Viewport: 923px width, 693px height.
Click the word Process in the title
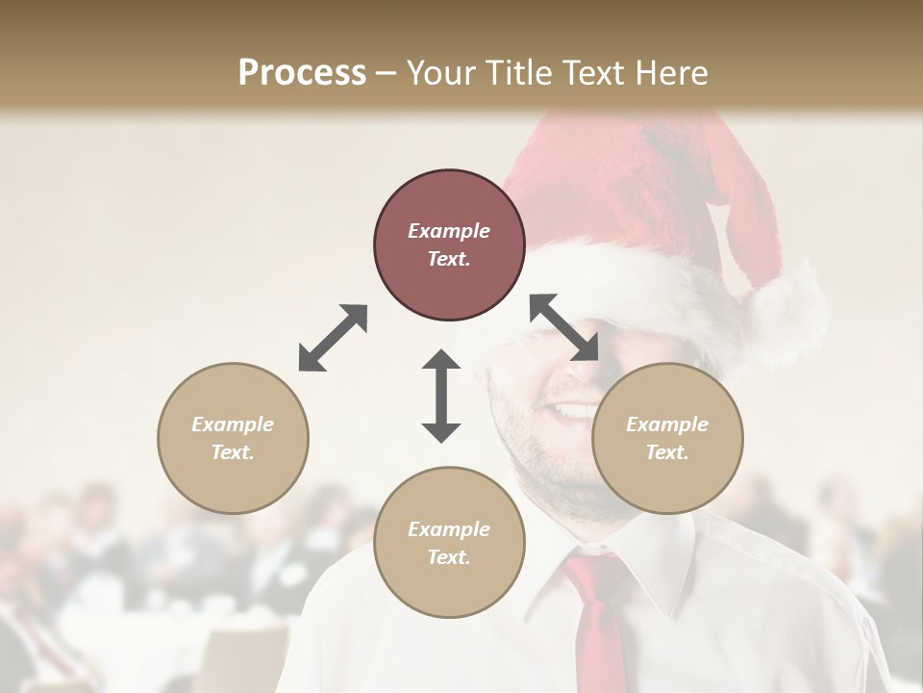point(302,73)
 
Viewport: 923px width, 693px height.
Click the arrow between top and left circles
point(333,338)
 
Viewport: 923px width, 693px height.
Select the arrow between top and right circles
point(563,328)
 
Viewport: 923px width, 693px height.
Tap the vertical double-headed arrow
point(441,396)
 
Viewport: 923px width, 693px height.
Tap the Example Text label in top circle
point(449,244)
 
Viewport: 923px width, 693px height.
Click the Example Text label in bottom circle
point(449,543)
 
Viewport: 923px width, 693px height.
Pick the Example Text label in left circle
point(233,438)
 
